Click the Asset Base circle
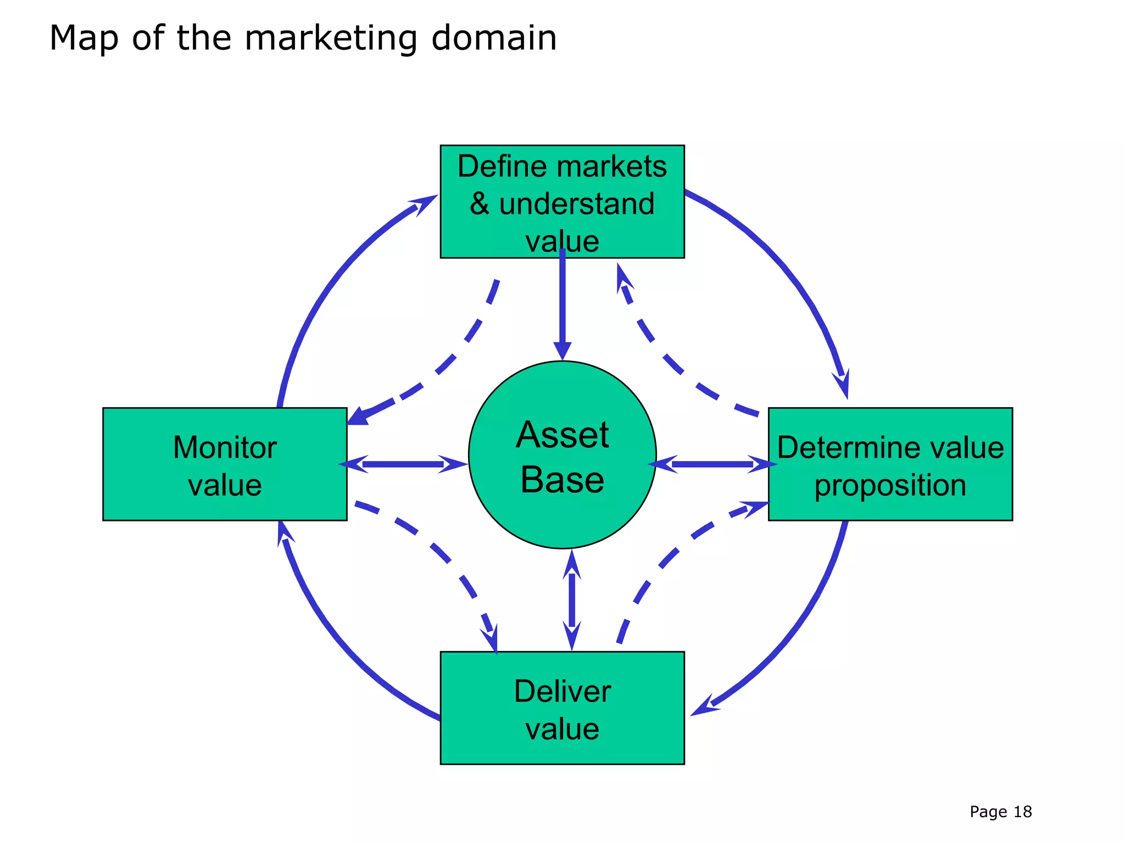click(x=562, y=455)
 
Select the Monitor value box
click(x=225, y=464)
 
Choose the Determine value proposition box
click(x=890, y=464)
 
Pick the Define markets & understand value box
click(x=562, y=201)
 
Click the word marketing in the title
click(x=330, y=38)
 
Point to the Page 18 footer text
click(x=1000, y=812)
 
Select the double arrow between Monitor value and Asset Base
click(x=404, y=464)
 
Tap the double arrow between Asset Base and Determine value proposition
click(x=712, y=464)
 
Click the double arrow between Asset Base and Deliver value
click(x=572, y=600)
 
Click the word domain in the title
click(x=494, y=38)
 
